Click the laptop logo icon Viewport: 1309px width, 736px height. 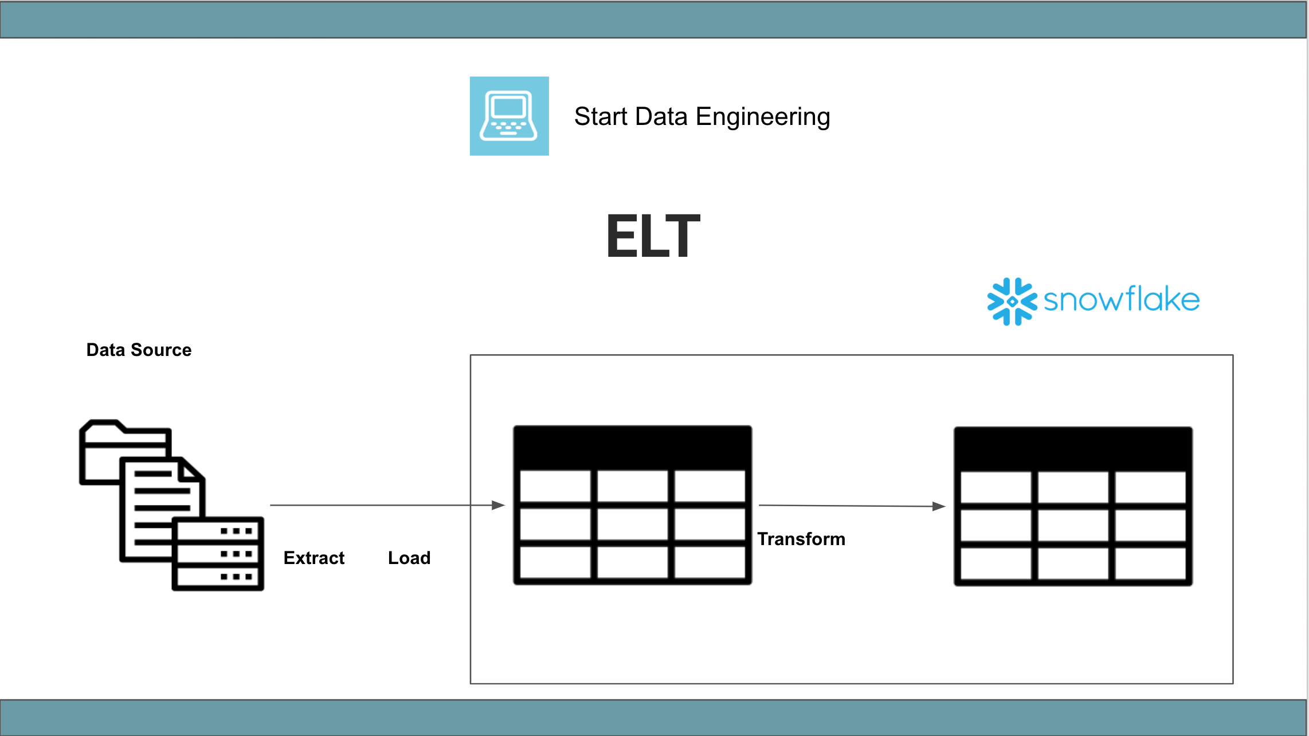tap(509, 116)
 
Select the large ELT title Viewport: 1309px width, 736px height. tap(653, 236)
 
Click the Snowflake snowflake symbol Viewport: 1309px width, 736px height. tap(1012, 302)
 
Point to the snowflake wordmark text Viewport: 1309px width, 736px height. tap(1122, 299)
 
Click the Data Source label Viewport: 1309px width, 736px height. tap(139, 350)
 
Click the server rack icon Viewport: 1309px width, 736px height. tap(218, 554)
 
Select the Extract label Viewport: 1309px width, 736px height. tap(313, 558)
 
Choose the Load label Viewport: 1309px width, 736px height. tap(409, 558)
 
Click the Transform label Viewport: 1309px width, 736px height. tap(801, 539)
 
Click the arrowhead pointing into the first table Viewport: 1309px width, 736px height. tap(498, 505)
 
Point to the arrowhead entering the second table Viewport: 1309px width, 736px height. tap(939, 506)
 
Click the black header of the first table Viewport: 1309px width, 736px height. tap(632, 448)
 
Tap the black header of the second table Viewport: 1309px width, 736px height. tap(1073, 449)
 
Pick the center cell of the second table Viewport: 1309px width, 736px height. tap(1073, 524)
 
